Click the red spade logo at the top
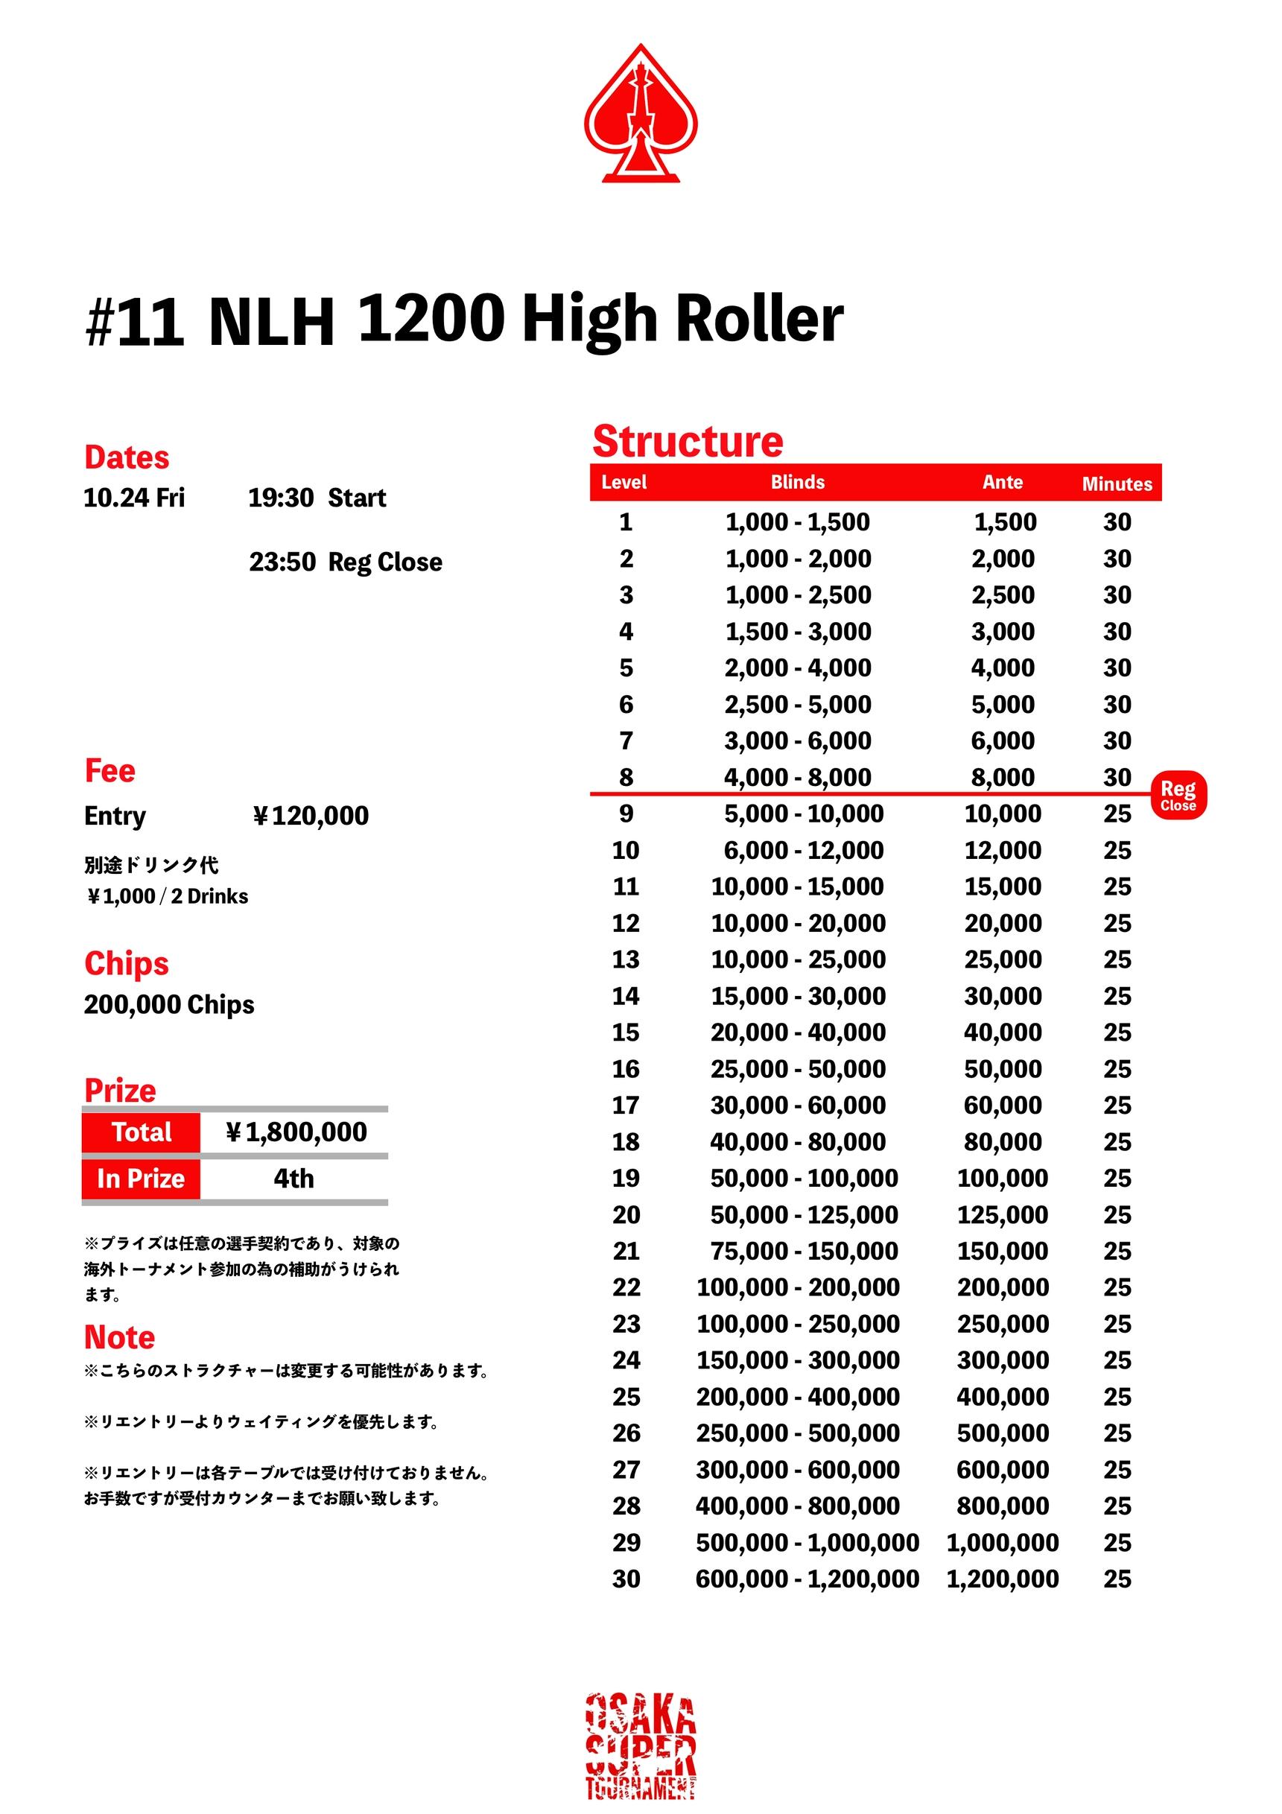click(x=640, y=114)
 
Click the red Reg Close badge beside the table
click(x=1177, y=795)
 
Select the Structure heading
click(x=688, y=441)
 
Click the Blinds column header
click(x=797, y=482)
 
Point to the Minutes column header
click(x=1116, y=483)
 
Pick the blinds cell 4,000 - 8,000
click(x=797, y=778)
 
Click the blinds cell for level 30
click(x=807, y=1579)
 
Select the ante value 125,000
click(x=1002, y=1214)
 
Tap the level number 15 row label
click(x=626, y=1032)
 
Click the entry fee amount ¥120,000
click(x=311, y=815)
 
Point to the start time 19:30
click(x=281, y=498)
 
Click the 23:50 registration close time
click(x=283, y=562)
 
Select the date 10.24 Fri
click(x=134, y=498)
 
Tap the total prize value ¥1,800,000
click(x=296, y=1132)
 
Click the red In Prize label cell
click(x=141, y=1179)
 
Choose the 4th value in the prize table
click(x=293, y=1179)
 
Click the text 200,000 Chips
click(x=169, y=1004)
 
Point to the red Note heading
click(x=119, y=1336)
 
